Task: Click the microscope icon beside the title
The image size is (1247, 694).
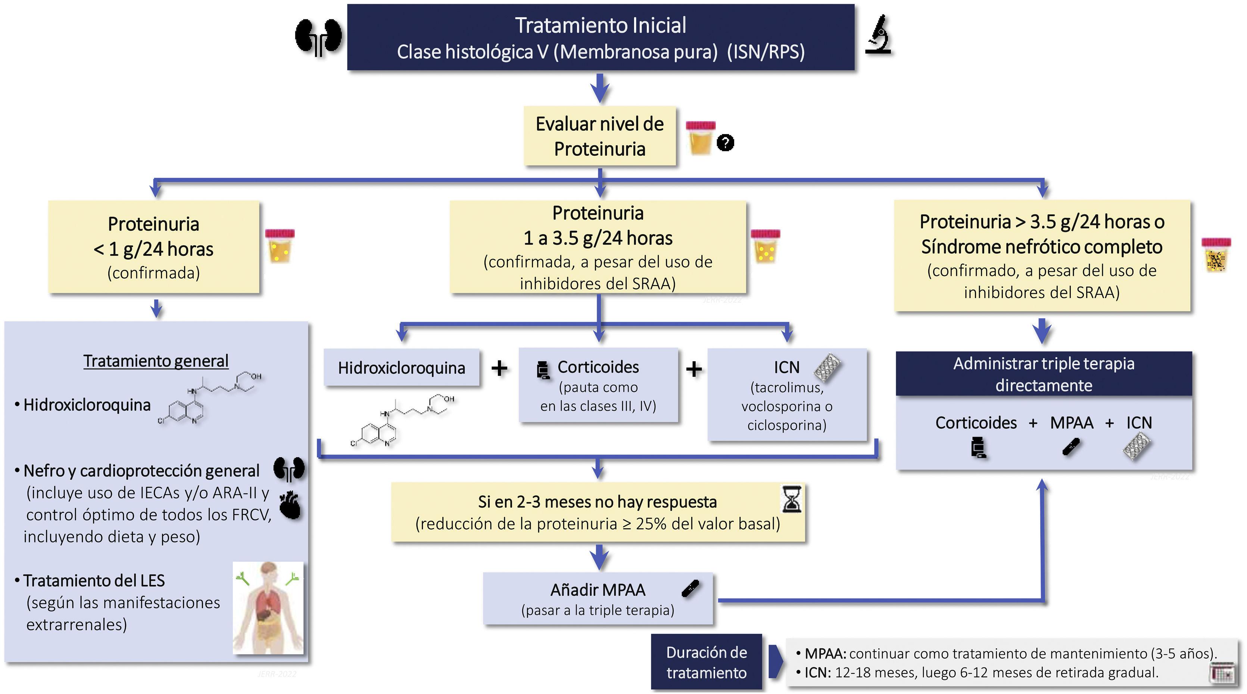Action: pos(878,34)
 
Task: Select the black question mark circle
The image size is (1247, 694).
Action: pos(725,143)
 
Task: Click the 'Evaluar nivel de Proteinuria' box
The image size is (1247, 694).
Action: pos(599,136)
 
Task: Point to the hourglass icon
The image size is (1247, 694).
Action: pos(792,499)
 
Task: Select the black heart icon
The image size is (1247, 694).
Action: pos(290,506)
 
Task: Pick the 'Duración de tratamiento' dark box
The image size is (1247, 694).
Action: pos(706,662)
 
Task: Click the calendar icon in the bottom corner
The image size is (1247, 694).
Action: pos(1222,673)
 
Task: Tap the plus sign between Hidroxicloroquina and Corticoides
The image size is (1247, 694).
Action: pos(499,369)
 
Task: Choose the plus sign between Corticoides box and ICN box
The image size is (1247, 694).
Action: pos(694,369)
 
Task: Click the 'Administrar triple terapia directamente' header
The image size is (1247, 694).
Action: pos(1043,374)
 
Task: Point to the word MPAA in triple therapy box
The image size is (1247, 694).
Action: pos(1071,423)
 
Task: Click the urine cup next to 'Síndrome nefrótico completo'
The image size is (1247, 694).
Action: pos(1216,255)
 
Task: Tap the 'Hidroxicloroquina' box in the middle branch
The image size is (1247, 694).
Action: pos(401,368)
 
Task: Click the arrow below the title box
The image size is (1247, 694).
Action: pos(600,88)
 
